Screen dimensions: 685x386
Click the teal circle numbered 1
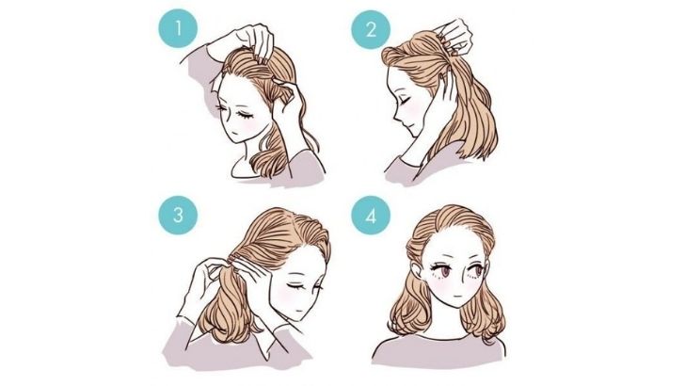coord(178,29)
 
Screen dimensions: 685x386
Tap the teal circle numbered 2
coord(371,29)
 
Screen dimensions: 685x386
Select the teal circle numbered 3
coord(178,215)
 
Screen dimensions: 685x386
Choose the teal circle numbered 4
coord(371,215)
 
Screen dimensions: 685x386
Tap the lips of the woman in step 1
coord(235,133)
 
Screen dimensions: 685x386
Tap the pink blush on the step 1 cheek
coord(250,122)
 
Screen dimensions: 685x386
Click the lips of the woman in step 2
coord(403,128)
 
